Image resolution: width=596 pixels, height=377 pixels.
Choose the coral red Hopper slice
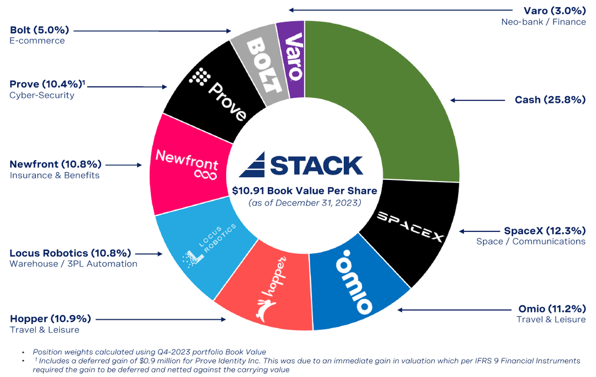265,298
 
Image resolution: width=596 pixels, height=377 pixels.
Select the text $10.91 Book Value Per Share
305,191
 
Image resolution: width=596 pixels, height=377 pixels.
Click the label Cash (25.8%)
550,100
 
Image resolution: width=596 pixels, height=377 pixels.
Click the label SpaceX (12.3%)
544,231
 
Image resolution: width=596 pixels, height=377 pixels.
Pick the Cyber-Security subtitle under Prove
42,95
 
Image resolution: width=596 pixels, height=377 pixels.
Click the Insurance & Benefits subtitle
55,175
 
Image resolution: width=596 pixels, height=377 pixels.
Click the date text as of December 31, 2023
305,203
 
